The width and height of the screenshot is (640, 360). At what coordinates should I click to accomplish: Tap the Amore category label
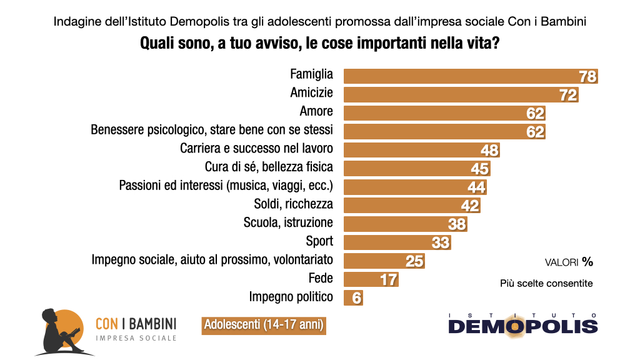click(316, 112)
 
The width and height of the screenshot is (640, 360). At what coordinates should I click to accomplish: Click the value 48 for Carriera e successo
click(489, 151)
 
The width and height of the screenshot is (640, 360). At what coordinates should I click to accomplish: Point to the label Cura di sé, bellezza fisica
click(269, 167)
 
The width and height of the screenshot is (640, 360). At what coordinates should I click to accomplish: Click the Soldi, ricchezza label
click(294, 204)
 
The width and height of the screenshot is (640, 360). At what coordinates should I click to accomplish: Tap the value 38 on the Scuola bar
click(457, 224)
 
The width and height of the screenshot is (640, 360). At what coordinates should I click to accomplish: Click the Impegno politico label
click(291, 297)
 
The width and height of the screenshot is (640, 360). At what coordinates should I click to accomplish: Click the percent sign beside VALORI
click(587, 262)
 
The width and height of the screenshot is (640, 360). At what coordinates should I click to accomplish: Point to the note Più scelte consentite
click(546, 283)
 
